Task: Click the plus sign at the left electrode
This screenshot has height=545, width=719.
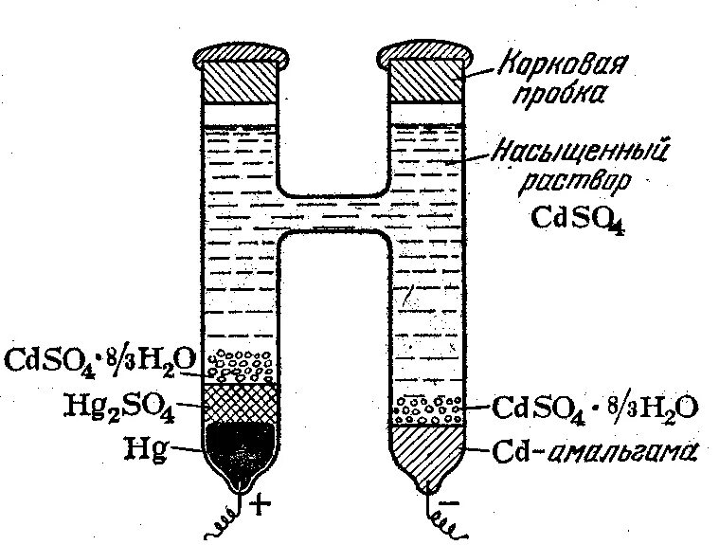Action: (x=261, y=503)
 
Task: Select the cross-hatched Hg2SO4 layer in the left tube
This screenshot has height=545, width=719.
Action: (x=241, y=402)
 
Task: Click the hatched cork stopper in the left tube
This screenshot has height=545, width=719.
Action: (x=241, y=83)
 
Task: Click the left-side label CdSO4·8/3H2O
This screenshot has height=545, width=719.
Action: (x=99, y=361)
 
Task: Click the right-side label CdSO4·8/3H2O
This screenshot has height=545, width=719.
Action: (x=595, y=409)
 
